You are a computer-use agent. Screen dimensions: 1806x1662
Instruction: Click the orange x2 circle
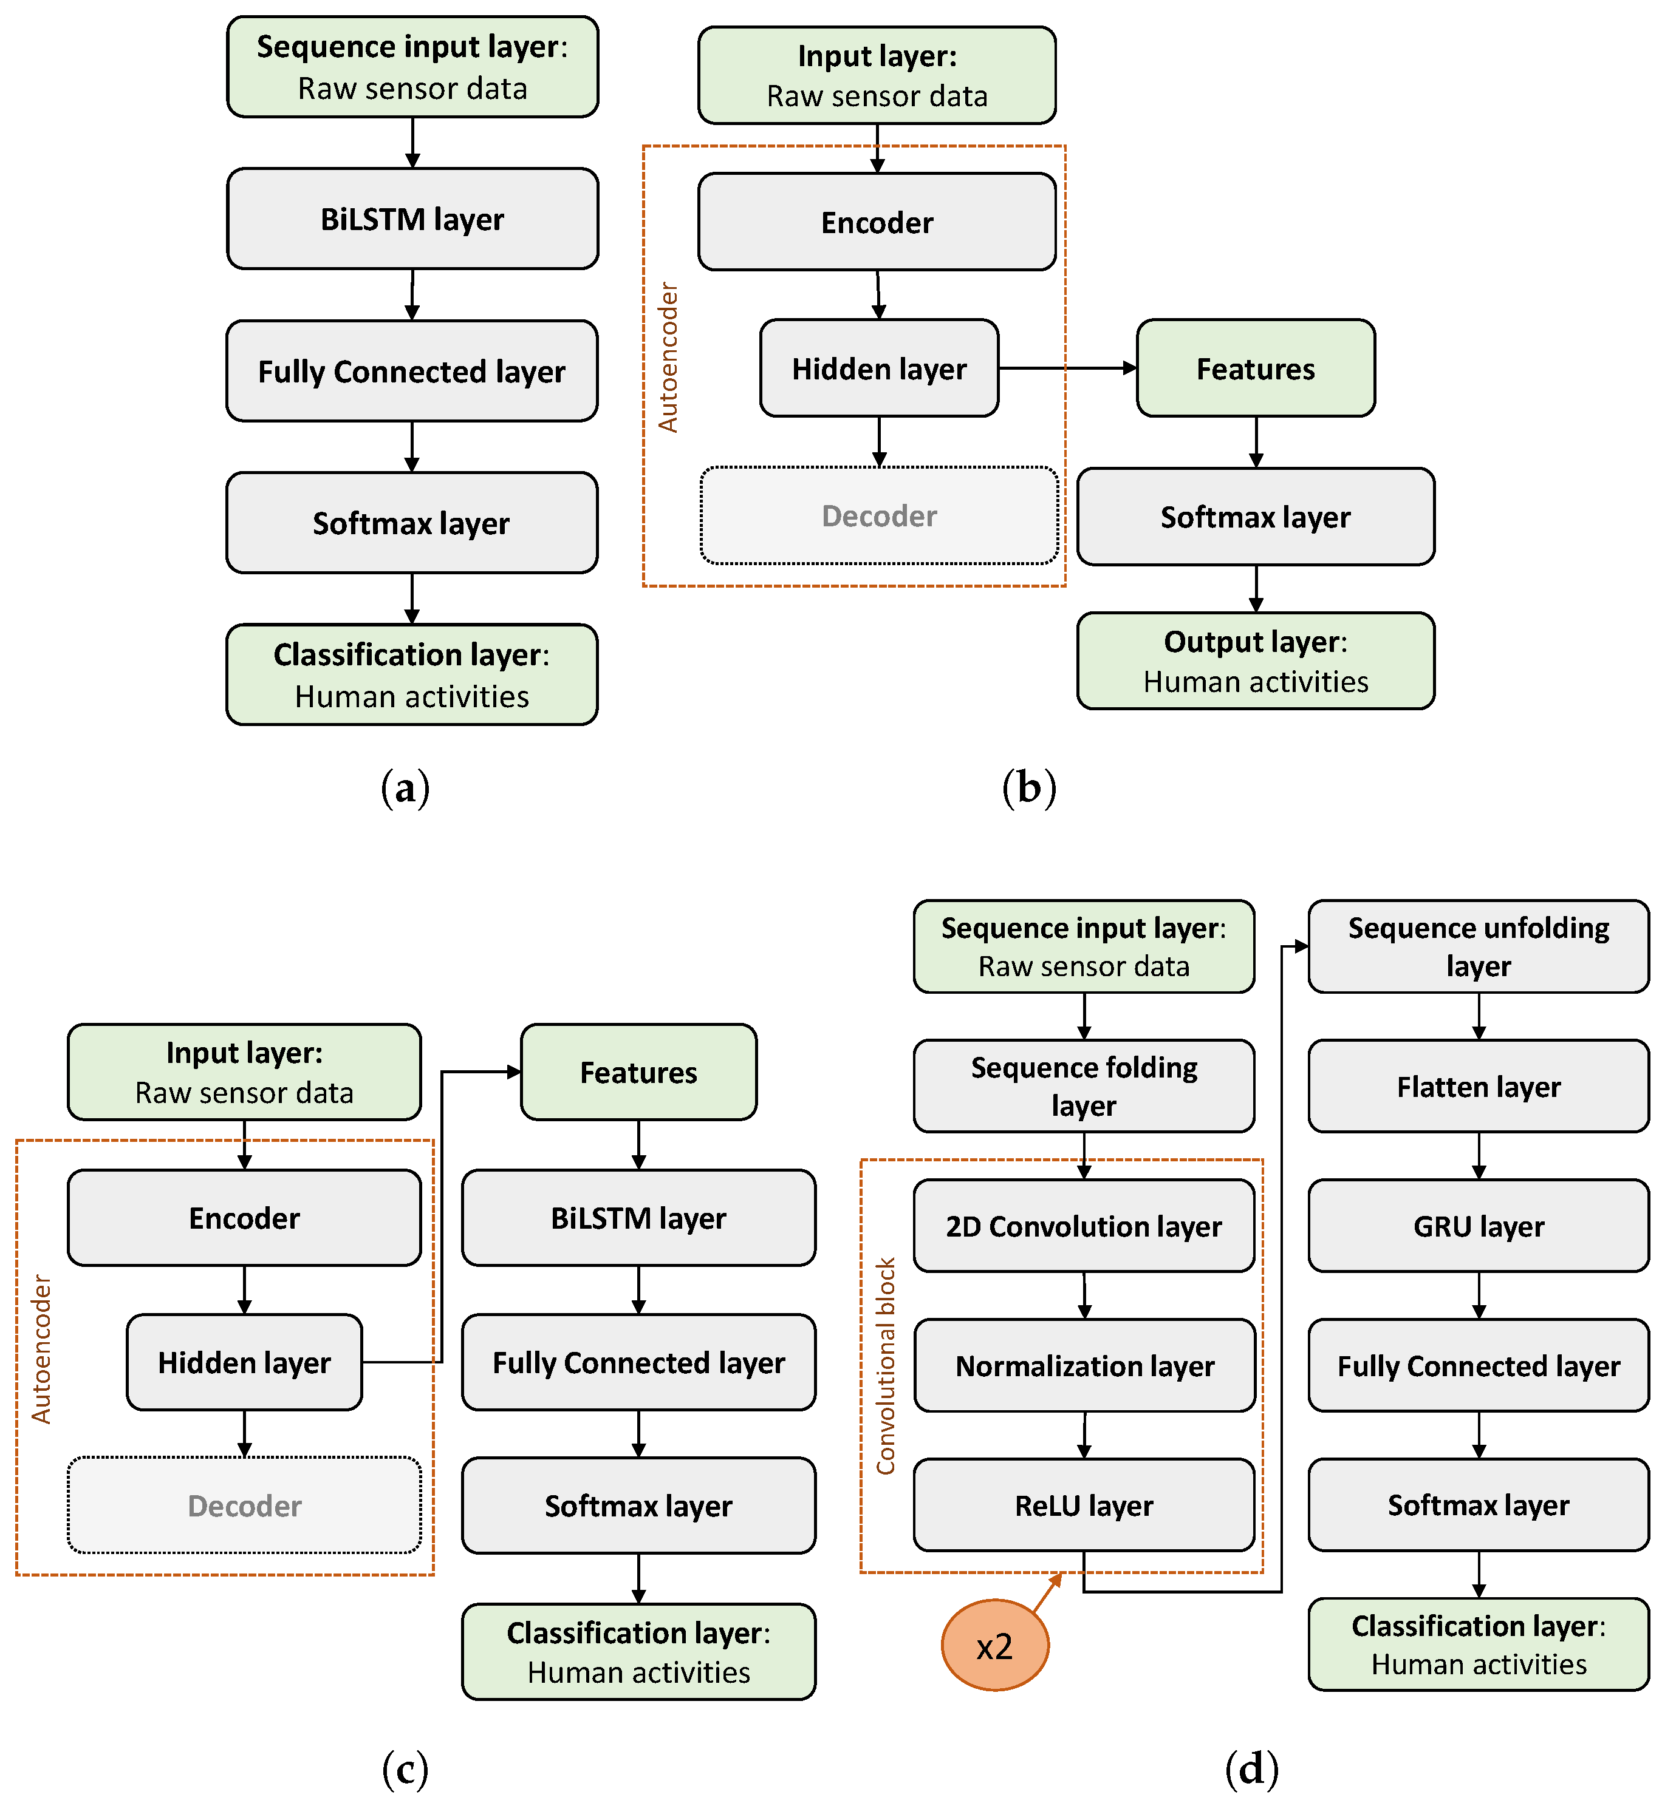(x=994, y=1645)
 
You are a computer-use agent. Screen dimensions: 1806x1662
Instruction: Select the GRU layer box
(x=1477, y=1226)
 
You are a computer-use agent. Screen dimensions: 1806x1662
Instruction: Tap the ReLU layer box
(x=1084, y=1505)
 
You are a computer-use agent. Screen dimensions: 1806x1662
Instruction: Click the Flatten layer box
(x=1477, y=1087)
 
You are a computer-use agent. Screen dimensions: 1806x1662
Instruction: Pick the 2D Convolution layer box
(x=1084, y=1226)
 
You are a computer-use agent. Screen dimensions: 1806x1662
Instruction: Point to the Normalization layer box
(x=1084, y=1365)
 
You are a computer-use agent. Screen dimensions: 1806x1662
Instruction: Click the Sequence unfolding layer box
(x=1477, y=946)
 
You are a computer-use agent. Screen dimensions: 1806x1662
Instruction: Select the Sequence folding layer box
(x=1084, y=1086)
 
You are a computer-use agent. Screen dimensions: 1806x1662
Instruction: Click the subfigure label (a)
(x=405, y=787)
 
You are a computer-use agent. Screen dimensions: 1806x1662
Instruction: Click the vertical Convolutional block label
(x=886, y=1365)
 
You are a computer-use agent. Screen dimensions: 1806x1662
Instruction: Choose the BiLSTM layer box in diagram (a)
(x=412, y=219)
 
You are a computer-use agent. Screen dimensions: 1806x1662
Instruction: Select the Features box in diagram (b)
(x=1256, y=368)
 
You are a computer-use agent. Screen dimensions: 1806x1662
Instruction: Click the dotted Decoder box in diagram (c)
(x=244, y=1505)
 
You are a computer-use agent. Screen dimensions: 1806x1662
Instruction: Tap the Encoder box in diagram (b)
(x=877, y=222)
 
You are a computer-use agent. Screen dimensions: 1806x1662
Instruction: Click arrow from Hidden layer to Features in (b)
(x=1067, y=368)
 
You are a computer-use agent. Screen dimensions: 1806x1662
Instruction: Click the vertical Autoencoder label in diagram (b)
(x=668, y=358)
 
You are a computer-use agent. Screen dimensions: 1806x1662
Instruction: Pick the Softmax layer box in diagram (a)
(x=412, y=523)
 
